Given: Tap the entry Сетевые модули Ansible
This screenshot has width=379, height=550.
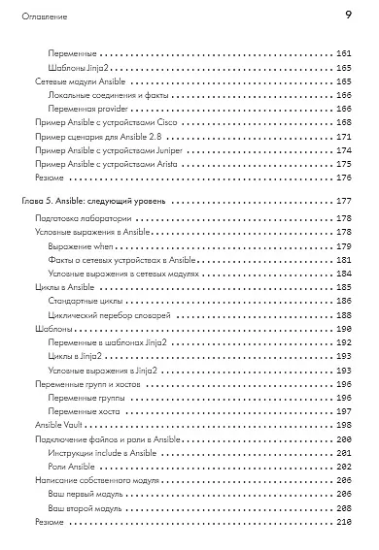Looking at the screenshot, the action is pos(73,84).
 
